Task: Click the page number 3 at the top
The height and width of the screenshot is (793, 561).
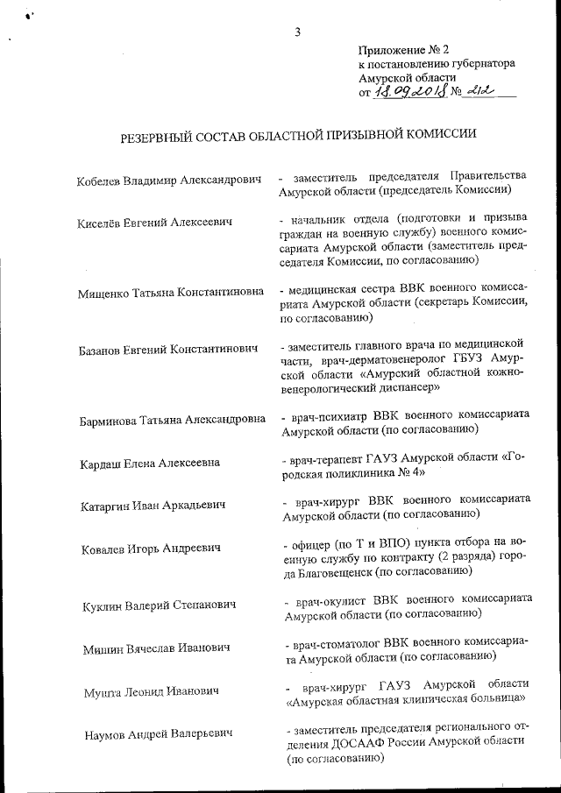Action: coord(298,33)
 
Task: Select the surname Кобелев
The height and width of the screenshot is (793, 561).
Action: coord(101,180)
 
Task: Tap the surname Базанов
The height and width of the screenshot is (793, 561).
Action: coord(101,350)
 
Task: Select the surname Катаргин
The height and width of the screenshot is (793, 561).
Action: coord(103,505)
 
